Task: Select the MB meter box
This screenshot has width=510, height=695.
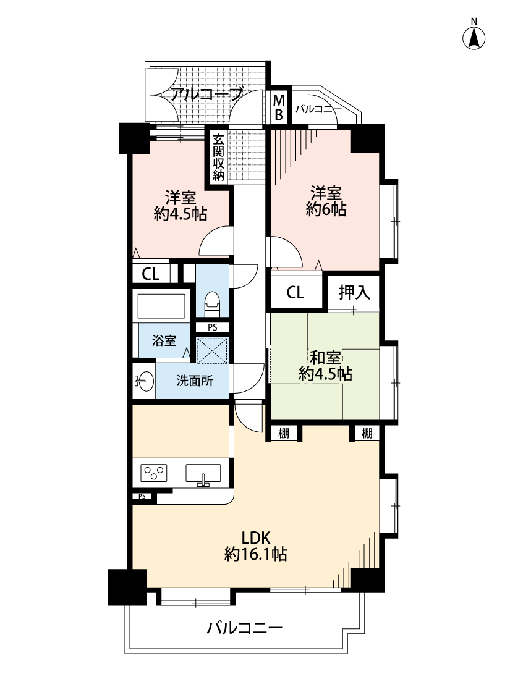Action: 279,107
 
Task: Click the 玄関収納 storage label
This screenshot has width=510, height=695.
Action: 218,158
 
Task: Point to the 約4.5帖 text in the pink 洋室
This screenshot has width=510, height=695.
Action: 181,214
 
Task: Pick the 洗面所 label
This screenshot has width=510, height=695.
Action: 194,381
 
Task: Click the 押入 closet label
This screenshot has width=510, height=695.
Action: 354,292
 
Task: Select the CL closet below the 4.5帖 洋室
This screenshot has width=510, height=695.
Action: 151,274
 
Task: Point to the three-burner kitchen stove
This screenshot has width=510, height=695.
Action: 155,474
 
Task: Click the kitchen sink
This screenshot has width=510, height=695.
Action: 203,474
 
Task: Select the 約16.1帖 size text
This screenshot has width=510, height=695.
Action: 255,555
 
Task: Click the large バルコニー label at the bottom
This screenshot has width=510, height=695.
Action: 244,629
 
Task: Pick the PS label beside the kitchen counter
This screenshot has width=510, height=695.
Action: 142,496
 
